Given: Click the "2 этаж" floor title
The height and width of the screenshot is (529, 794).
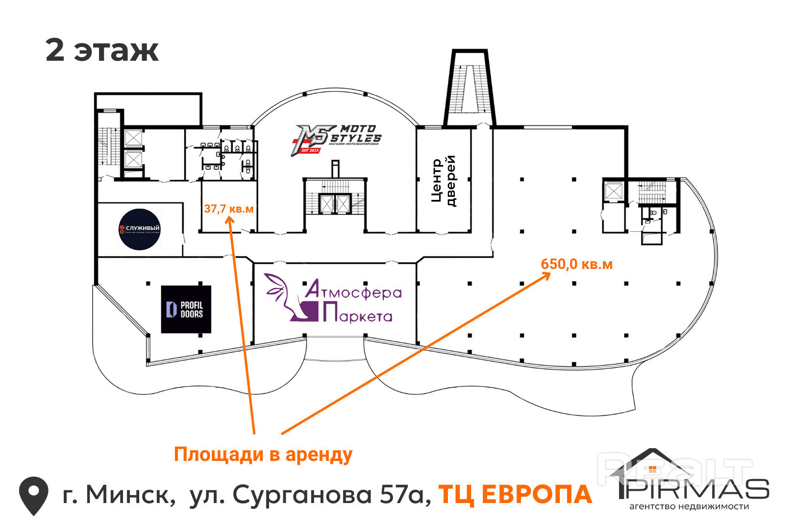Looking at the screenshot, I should point(102,50).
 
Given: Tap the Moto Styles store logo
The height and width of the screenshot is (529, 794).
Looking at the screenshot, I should point(337,140).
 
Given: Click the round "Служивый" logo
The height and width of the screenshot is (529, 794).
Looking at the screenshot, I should point(140,229).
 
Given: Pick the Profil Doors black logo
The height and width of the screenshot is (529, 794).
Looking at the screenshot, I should point(186,310).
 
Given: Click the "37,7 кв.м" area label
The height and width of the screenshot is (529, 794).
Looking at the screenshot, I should point(228,209).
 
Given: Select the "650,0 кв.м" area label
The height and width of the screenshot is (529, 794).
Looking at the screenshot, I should point(576,264).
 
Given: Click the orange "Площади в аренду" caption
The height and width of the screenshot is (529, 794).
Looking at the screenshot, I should point(263,455).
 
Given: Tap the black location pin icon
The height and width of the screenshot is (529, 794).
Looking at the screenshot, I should point(33,495).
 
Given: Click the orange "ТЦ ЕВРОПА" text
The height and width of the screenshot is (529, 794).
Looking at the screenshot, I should point(515,495).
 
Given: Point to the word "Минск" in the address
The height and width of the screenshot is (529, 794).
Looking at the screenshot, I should point(130,495).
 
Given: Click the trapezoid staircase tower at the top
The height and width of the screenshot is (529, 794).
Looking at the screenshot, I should point(470,88).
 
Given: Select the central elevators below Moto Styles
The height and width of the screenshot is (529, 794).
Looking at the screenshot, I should point(335,204).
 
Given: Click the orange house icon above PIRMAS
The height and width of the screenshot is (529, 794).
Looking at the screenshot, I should point(652,469).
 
